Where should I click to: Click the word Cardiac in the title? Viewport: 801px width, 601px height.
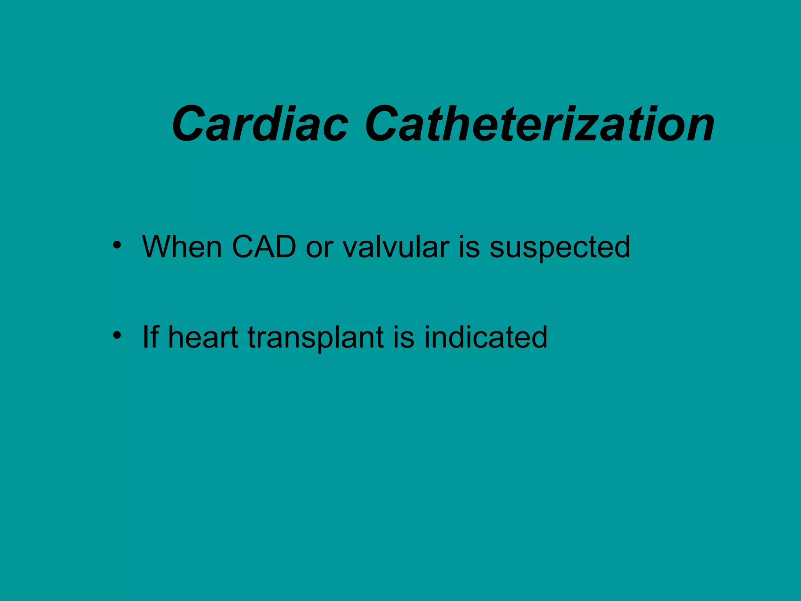(260, 124)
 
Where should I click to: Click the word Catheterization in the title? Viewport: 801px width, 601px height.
(540, 124)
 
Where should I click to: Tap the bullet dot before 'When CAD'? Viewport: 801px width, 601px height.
(117, 246)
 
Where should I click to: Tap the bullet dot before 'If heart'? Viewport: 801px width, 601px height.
(117, 336)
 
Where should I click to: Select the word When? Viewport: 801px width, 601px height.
(182, 247)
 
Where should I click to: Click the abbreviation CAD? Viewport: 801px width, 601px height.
(264, 247)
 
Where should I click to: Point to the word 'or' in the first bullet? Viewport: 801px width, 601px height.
(319, 250)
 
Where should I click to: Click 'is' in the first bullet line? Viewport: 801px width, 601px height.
(469, 247)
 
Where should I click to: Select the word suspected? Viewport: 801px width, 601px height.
(560, 250)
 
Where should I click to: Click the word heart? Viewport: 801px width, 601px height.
(203, 337)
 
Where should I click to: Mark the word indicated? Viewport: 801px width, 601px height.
(486, 337)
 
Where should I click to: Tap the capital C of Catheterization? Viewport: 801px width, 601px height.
(384, 124)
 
